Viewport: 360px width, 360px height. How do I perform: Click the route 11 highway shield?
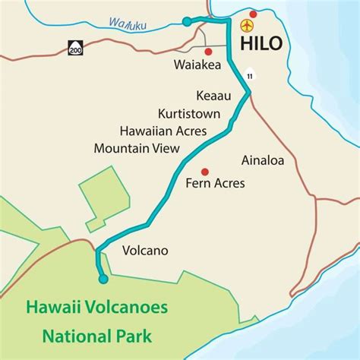coord(251,75)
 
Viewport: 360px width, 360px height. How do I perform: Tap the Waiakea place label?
coord(197,65)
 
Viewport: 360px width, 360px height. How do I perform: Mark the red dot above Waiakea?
coord(207,51)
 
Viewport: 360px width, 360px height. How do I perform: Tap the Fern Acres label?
coord(215,183)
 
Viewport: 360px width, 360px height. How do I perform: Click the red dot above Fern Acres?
coord(204,169)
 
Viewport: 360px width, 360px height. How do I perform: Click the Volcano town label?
coord(144,250)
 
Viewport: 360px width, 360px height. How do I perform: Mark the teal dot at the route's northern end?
coord(188,22)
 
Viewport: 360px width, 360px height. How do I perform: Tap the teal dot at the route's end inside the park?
coord(103,279)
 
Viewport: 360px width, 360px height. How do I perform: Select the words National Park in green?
coord(97,334)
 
